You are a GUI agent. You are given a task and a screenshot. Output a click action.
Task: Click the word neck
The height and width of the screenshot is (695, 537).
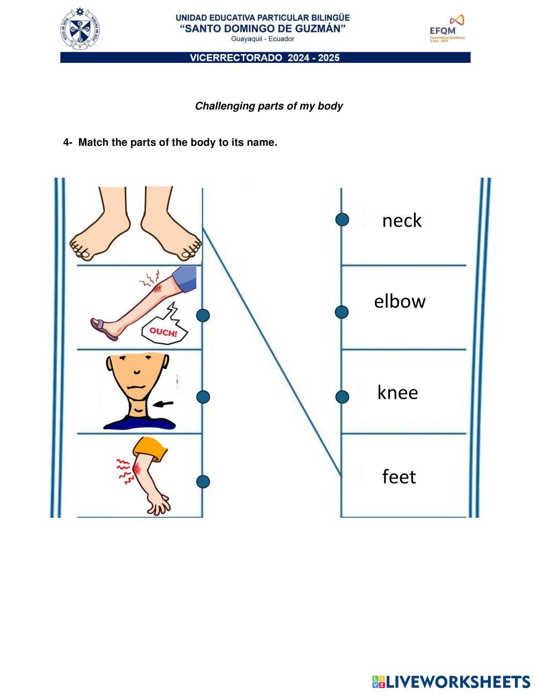[x=402, y=220]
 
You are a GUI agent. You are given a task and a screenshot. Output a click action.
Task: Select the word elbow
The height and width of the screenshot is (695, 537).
[x=400, y=301]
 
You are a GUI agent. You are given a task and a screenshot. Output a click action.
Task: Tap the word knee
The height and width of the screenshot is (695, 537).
[x=397, y=393]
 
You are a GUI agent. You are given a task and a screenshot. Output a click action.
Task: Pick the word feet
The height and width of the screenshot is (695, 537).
[x=399, y=476]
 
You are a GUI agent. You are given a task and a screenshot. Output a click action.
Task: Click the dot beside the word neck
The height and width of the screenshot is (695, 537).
[x=342, y=219]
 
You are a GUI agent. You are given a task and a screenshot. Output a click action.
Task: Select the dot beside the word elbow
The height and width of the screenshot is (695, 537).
[x=342, y=312]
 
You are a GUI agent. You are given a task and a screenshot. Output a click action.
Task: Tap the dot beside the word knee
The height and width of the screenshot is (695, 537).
[x=342, y=397]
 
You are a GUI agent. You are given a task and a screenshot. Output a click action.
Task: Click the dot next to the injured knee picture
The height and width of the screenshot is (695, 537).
[x=203, y=315]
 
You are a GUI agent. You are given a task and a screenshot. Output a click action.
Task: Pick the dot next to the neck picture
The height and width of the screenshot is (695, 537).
[x=203, y=397]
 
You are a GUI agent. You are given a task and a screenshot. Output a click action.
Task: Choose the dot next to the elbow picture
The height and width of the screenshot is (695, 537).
[x=203, y=482]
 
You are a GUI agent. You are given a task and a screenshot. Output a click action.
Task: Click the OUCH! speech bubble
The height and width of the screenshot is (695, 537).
[x=163, y=331]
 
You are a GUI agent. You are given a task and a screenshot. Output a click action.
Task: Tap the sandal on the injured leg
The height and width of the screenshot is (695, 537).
[x=104, y=328]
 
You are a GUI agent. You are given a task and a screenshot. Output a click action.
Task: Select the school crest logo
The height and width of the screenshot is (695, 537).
[x=80, y=29]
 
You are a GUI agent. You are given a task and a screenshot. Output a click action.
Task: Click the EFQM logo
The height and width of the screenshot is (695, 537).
[x=446, y=29]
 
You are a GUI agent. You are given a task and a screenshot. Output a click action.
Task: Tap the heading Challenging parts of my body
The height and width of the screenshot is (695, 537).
[x=268, y=106]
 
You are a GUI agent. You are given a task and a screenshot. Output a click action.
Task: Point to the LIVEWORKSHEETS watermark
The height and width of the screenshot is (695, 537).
[x=451, y=682]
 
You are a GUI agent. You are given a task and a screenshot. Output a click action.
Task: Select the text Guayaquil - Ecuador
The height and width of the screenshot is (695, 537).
[x=263, y=39]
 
